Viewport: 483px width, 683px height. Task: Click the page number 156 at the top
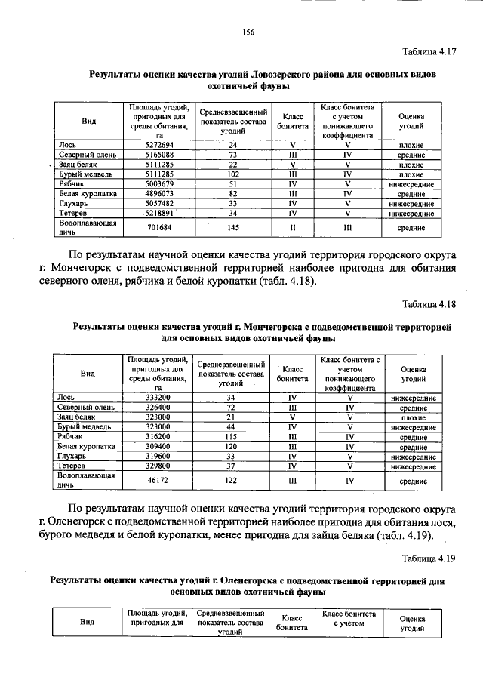tap(248, 32)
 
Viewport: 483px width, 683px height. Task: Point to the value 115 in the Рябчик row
tap(231, 436)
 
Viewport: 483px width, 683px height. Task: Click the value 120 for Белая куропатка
tap(231, 446)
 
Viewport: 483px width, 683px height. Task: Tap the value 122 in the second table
tap(231, 479)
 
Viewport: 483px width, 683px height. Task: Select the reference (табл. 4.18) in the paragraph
tap(287, 282)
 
